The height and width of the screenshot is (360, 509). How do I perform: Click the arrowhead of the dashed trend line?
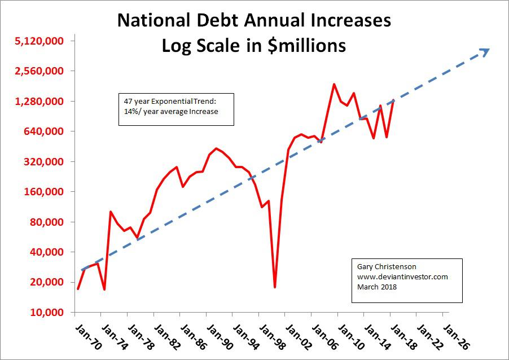(x=485, y=51)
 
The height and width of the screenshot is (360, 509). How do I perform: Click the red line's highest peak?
(x=334, y=84)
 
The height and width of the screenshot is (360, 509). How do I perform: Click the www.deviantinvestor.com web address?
(x=402, y=277)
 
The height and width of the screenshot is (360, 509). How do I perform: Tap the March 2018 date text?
(x=377, y=287)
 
